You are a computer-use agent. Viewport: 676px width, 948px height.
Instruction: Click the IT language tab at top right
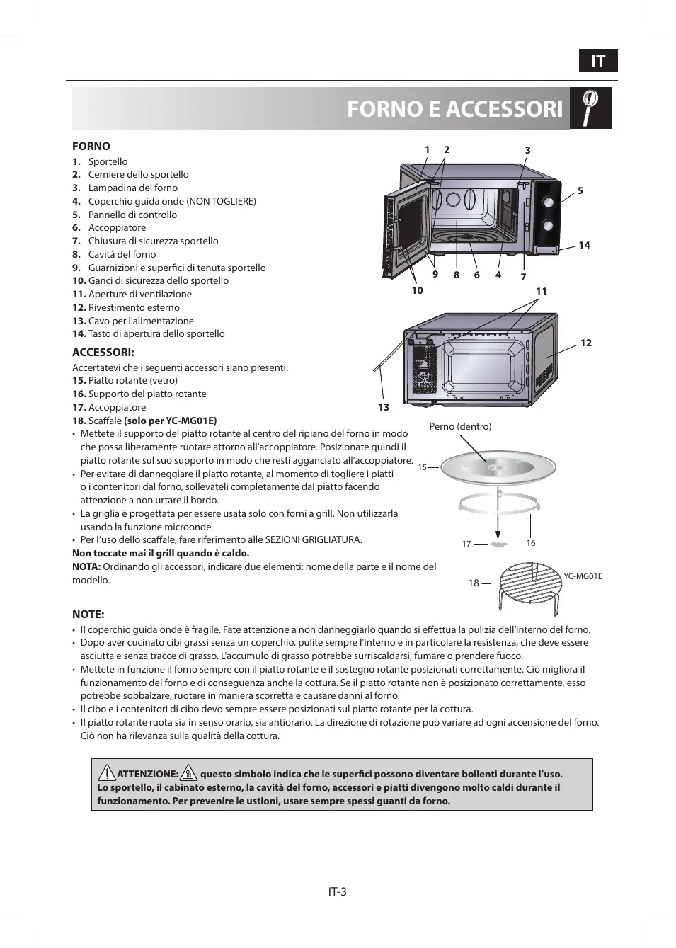point(598,61)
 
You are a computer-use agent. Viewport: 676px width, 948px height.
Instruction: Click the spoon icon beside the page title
point(590,108)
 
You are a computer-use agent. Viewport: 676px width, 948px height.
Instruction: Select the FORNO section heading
point(91,147)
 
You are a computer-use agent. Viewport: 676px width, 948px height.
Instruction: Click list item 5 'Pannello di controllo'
point(132,215)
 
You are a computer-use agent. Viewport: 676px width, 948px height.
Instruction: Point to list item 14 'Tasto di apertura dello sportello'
point(156,333)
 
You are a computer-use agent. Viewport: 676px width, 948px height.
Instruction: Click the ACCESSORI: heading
point(103,353)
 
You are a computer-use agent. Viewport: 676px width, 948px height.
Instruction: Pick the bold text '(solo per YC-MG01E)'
point(171,421)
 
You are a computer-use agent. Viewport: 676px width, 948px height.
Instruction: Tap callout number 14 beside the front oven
point(584,245)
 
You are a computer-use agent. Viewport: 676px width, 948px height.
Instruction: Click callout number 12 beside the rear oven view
point(586,343)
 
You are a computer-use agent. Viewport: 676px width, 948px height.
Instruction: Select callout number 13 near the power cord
point(384,407)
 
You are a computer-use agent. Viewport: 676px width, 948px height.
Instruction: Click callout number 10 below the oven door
point(418,290)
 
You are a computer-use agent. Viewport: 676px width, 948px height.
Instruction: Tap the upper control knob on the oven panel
point(549,202)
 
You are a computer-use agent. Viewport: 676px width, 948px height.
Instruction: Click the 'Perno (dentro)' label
point(460,426)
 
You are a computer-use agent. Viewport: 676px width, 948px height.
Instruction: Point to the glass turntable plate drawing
point(498,467)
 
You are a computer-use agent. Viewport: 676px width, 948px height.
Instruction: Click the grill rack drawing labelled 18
point(530,584)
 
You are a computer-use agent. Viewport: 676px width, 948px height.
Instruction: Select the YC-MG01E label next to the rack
point(583,576)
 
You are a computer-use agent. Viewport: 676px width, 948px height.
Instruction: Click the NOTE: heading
point(88,615)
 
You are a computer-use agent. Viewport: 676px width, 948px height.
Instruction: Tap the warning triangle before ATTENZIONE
point(107,773)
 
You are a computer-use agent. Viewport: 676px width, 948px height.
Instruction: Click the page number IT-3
point(338,891)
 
